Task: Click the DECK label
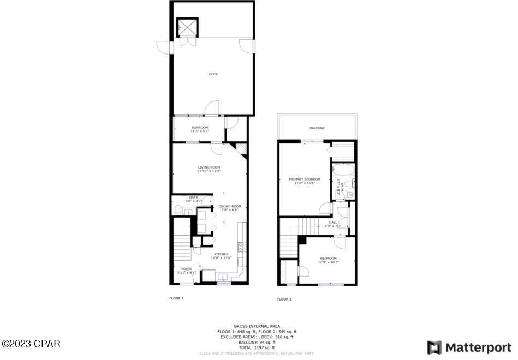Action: (213, 74)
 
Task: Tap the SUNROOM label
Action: (200, 128)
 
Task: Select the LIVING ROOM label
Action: (209, 167)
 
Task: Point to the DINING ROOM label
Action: (230, 206)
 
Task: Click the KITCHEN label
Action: (221, 254)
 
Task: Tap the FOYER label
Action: (187, 269)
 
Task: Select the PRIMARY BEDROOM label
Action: (305, 179)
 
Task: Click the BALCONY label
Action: (317, 128)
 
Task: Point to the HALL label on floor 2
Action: (333, 223)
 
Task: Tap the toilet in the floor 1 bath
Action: (178, 209)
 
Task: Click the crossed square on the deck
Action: (187, 27)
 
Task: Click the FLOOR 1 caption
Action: (176, 298)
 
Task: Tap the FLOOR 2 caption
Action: (284, 299)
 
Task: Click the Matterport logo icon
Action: (434, 347)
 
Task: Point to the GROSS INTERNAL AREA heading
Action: (258, 326)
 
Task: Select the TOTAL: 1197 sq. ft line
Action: (257, 347)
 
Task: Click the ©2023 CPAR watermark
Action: (31, 344)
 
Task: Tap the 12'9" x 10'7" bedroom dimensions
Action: (328, 262)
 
